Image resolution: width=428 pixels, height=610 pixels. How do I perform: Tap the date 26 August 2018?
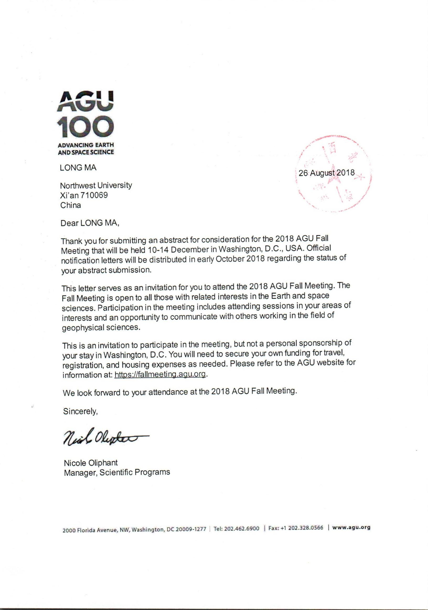(327, 173)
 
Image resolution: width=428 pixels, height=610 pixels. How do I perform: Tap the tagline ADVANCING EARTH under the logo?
(86, 145)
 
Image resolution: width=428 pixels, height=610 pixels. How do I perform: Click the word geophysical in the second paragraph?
(83, 328)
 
